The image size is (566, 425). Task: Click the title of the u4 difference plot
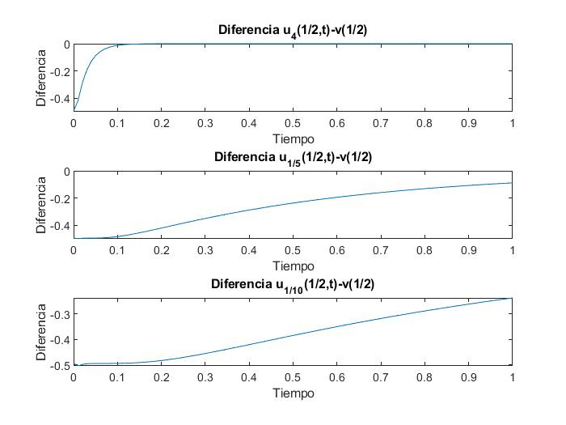(x=293, y=30)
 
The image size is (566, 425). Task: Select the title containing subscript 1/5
(x=293, y=157)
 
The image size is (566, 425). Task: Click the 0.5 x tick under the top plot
(x=293, y=122)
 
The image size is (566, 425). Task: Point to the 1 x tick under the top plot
(x=512, y=122)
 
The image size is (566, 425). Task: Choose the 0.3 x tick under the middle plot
(x=205, y=250)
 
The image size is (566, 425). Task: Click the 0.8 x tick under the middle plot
(x=424, y=250)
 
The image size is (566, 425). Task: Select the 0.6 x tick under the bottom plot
(x=336, y=377)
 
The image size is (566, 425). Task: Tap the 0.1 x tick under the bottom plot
(x=117, y=377)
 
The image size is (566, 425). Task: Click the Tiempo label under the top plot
(x=293, y=138)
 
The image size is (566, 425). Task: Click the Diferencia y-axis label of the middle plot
(x=40, y=205)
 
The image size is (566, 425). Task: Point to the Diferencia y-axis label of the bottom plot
(x=40, y=332)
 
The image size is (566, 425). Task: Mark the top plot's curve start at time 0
(x=74, y=110)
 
